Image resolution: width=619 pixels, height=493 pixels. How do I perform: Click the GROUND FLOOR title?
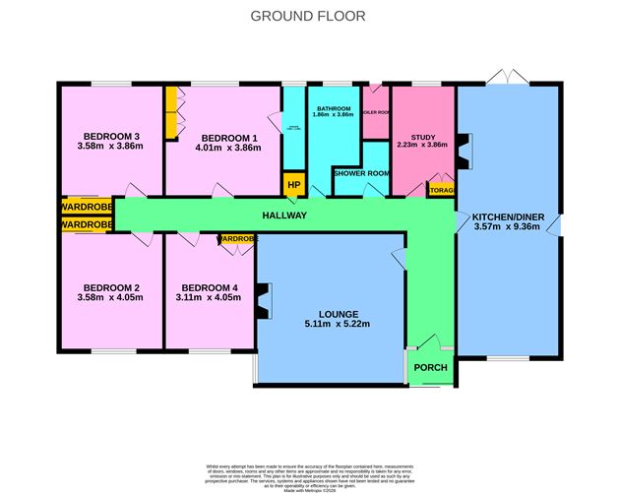[x=308, y=16]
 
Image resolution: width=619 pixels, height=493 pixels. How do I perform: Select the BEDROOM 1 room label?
[x=221, y=137]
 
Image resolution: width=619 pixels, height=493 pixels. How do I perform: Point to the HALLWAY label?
[x=284, y=216]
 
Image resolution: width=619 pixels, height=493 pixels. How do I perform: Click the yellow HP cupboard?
[x=292, y=184]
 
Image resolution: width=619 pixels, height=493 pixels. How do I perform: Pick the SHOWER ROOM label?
[x=362, y=173]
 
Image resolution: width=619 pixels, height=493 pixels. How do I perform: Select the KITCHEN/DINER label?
[x=509, y=216]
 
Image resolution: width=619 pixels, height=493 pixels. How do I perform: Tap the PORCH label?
[x=430, y=368]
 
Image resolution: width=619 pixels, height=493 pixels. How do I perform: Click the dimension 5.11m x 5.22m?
[x=331, y=324]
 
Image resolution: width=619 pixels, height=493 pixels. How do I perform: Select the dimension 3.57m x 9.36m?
[x=509, y=227]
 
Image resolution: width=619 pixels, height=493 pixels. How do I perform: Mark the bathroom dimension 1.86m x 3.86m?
[x=335, y=115]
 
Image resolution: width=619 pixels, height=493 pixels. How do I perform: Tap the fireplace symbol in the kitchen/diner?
[x=465, y=148]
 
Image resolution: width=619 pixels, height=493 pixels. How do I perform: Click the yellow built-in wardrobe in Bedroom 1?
[x=171, y=114]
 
